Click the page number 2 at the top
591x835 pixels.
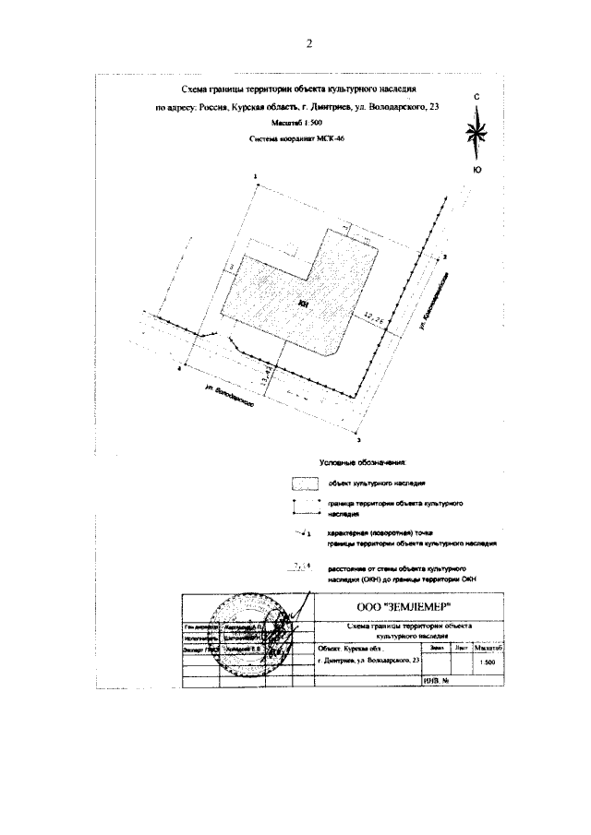[x=309, y=43]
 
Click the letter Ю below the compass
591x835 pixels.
[x=476, y=170]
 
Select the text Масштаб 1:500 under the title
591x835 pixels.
[x=297, y=123]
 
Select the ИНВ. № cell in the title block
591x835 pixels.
[x=434, y=681]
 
